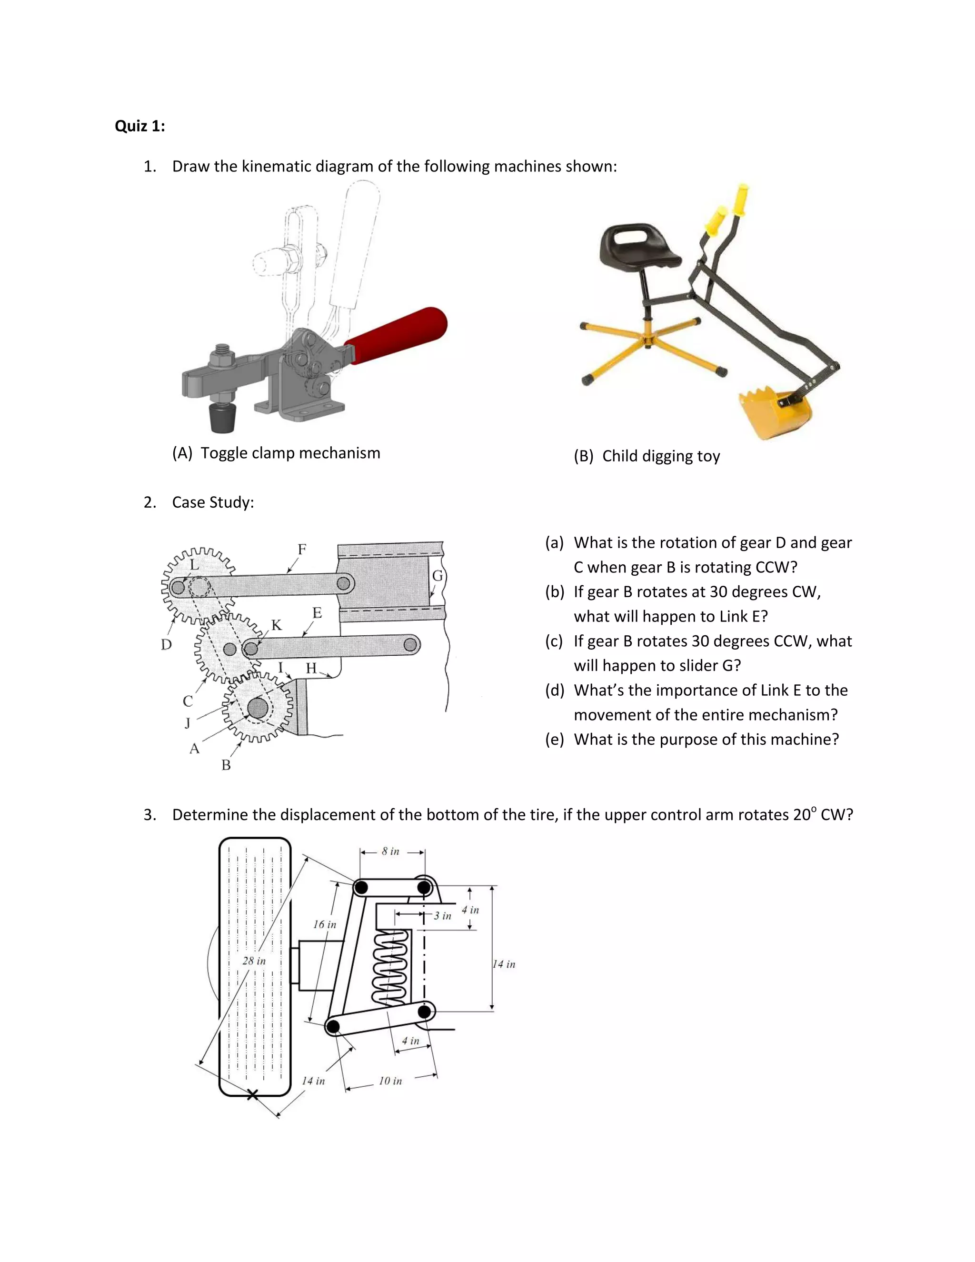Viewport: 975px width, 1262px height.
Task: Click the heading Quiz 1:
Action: (x=140, y=126)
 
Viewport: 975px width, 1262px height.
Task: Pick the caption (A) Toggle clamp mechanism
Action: (x=276, y=453)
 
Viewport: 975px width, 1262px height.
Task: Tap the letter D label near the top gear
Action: (x=166, y=644)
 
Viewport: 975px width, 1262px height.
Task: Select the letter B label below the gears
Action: (x=226, y=765)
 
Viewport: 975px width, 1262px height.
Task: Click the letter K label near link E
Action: (x=277, y=625)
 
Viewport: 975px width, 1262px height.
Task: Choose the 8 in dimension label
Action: (x=390, y=851)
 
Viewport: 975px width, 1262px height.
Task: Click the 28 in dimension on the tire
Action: (x=254, y=961)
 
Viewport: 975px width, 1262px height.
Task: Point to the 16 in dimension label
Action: (x=325, y=924)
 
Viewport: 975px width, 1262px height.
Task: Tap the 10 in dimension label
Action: (x=390, y=1081)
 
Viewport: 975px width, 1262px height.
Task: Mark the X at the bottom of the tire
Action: (x=252, y=1094)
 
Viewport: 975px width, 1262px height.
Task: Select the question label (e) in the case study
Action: (x=555, y=740)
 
